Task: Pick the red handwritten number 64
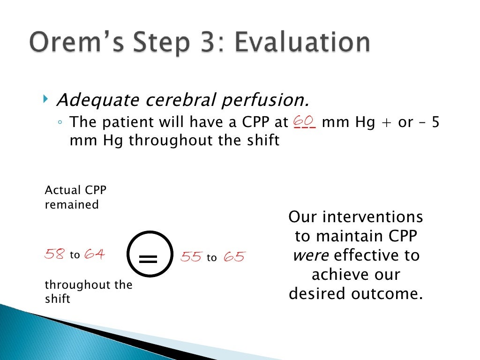95,255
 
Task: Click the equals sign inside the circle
148,258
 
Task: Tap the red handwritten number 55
191,257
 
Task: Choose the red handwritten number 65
234,257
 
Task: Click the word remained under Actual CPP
71,205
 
